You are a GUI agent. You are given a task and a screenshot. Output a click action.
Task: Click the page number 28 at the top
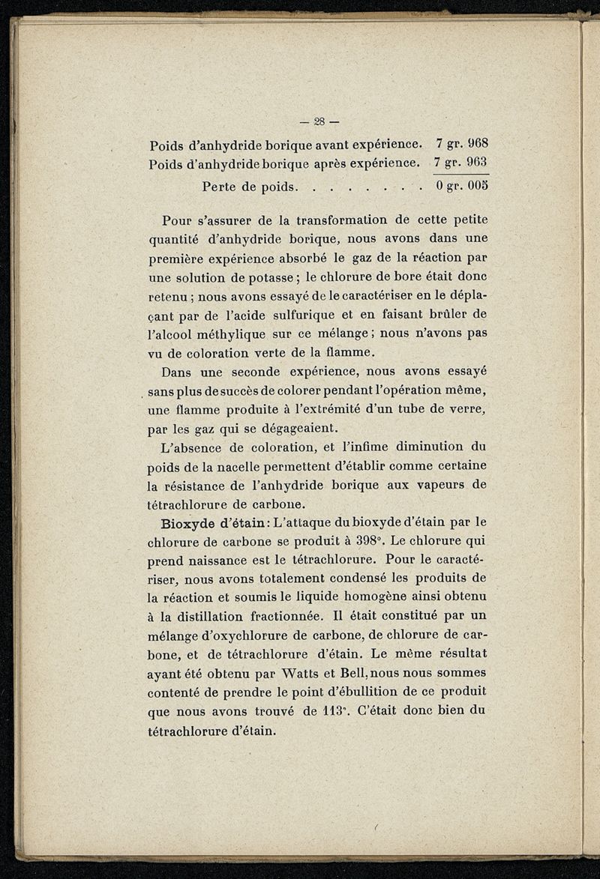[x=319, y=121]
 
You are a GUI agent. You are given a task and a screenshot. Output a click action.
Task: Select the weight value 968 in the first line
[x=477, y=143]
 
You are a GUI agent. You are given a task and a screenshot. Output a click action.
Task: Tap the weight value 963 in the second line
[x=477, y=163]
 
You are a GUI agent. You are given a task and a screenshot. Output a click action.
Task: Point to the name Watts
[x=308, y=674]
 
